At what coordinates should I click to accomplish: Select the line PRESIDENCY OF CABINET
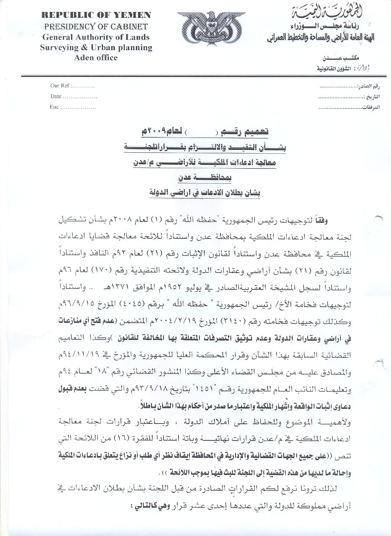79,26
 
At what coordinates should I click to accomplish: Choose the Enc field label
55,107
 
